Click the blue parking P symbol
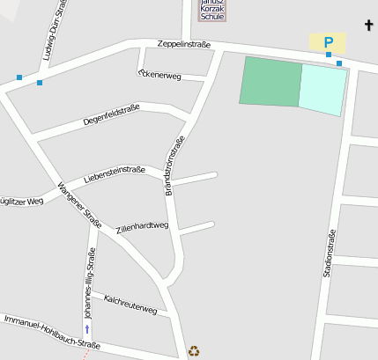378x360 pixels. [x=329, y=41]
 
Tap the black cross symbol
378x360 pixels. [x=368, y=26]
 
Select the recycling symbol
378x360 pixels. [x=194, y=350]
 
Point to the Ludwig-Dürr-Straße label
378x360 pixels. [x=51, y=34]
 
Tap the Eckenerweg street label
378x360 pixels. [x=159, y=75]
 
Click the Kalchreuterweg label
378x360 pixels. [x=130, y=305]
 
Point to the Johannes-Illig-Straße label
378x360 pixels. [x=89, y=282]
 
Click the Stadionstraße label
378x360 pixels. [x=328, y=253]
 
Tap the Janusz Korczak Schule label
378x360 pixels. [x=212, y=10]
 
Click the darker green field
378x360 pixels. [x=271, y=82]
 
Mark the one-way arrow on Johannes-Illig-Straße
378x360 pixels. [x=86, y=328]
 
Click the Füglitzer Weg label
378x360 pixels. [x=21, y=202]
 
